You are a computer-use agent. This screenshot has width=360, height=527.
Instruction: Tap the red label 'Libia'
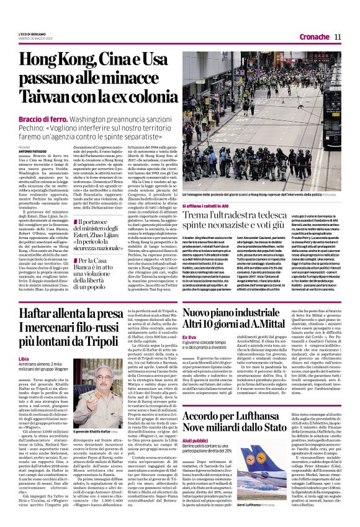pyautogui.click(x=24, y=359)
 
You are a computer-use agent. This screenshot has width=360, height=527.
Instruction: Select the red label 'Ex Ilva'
pyautogui.click(x=188, y=337)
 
